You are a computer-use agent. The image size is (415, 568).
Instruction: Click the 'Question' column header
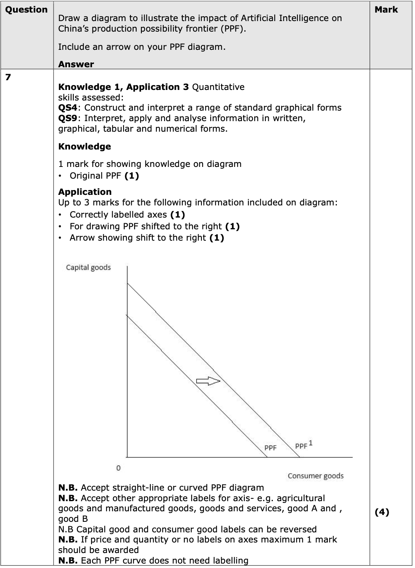(x=26, y=10)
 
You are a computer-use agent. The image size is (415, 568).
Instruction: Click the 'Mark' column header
(x=386, y=10)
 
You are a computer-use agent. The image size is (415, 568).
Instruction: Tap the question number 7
(x=8, y=77)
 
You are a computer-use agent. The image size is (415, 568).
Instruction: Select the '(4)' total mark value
(x=381, y=512)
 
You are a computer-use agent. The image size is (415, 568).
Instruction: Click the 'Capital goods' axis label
(x=88, y=267)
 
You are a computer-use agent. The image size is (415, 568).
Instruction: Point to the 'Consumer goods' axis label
(x=315, y=476)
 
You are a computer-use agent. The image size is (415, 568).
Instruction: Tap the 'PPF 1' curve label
(x=304, y=445)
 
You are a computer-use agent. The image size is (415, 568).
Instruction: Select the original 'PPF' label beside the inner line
(x=270, y=448)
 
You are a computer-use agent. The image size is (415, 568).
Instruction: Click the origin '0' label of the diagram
(x=118, y=468)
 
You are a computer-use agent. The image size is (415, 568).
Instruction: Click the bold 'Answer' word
(x=76, y=64)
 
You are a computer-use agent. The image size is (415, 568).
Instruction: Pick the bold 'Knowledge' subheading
(x=84, y=146)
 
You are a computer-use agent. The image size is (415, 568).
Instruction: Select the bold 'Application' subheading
(x=85, y=192)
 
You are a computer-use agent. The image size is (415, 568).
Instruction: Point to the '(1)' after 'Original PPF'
(x=132, y=175)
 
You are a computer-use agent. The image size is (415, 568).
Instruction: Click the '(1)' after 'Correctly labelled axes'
(x=178, y=215)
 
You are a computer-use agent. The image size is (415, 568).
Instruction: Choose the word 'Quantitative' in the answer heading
(x=218, y=87)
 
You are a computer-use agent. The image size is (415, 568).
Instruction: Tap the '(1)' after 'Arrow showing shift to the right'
(x=217, y=237)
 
